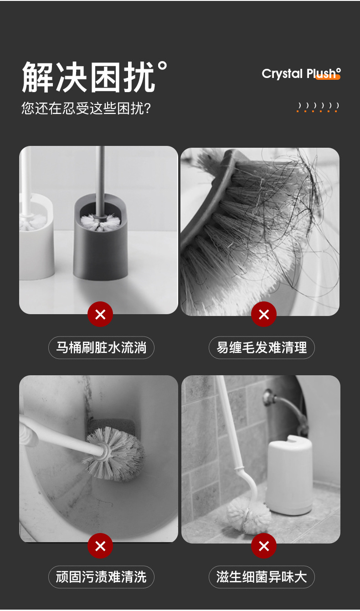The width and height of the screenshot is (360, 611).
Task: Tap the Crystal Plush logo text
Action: pyautogui.click(x=300, y=74)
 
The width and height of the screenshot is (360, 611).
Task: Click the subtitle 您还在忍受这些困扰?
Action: pyautogui.click(x=86, y=109)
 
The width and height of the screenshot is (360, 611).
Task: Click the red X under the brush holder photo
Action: pyautogui.click(x=100, y=314)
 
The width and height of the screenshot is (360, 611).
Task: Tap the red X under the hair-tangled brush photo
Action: pyautogui.click(x=264, y=314)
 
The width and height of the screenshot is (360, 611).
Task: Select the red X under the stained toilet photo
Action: pyautogui.click(x=100, y=546)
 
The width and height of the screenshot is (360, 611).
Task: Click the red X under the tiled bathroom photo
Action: pyautogui.click(x=264, y=546)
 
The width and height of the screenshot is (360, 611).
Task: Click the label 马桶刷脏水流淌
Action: pyautogui.click(x=101, y=348)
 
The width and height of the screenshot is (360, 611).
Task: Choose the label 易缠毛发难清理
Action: pyautogui.click(x=262, y=348)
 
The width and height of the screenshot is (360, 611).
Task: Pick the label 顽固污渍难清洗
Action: pyautogui.click(x=101, y=577)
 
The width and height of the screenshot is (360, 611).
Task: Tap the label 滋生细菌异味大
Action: pyautogui.click(x=262, y=577)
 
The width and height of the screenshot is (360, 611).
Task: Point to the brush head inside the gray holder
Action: pyautogui.click(x=100, y=222)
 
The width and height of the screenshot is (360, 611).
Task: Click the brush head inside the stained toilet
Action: pyautogui.click(x=116, y=453)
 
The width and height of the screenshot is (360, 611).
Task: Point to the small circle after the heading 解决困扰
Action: pyautogui.click(x=162, y=67)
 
